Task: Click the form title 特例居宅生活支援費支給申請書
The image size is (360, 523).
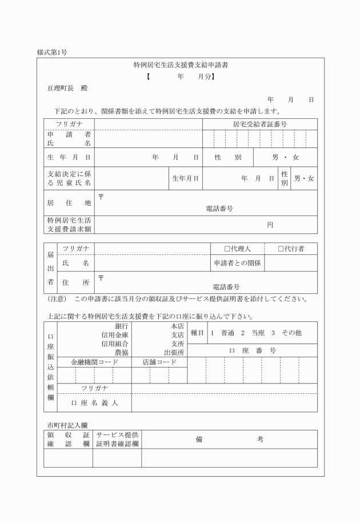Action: (x=181, y=65)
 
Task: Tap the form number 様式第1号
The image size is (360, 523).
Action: (x=52, y=53)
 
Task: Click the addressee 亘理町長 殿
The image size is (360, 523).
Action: (x=67, y=88)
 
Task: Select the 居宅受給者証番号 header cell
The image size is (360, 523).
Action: (x=259, y=123)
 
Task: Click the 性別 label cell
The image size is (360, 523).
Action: (x=228, y=157)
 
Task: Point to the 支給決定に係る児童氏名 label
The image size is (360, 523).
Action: (x=69, y=178)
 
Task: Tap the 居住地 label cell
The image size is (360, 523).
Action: (x=69, y=202)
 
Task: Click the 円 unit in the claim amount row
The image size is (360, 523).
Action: (x=270, y=225)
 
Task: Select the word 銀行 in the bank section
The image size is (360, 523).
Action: (x=122, y=325)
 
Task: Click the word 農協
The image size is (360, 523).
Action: (x=122, y=353)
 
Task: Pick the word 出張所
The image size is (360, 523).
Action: (x=174, y=353)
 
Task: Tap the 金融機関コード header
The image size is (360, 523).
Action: (x=94, y=362)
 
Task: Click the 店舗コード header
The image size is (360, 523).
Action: (x=159, y=362)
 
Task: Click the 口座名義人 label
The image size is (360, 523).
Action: (x=94, y=402)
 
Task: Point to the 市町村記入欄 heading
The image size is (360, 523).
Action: (x=67, y=425)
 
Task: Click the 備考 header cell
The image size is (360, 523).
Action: (x=229, y=439)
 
